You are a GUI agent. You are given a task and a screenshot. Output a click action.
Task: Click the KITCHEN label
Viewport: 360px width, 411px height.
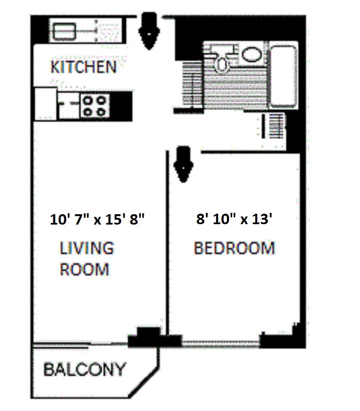coord(83,67)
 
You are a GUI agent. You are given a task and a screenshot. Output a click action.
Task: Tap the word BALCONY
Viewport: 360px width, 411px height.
coord(84,369)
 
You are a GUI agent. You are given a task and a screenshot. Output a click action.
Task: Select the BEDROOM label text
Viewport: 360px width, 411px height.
coord(234,249)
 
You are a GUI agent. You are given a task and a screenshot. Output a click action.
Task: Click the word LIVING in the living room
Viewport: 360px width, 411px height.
coord(87,249)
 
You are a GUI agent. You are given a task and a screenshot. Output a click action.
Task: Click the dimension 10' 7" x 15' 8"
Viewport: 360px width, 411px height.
coord(98,220)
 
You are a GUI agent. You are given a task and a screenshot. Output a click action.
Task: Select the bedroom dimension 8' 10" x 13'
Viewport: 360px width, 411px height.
coord(234,220)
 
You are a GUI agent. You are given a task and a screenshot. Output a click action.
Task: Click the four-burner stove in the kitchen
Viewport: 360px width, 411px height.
coord(95,106)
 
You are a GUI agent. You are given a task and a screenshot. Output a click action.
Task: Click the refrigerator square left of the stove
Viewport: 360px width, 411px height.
coord(46,103)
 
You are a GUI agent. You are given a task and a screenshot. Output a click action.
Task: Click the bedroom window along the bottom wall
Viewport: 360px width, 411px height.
coord(221,341)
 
